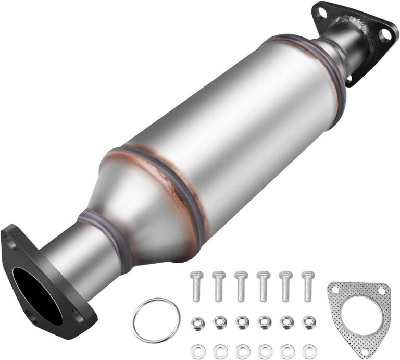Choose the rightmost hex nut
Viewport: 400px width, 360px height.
(308, 321)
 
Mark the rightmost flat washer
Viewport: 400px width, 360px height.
(308, 349)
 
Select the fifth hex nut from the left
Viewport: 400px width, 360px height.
(286, 321)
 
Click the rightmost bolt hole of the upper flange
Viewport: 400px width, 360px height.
(385, 34)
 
